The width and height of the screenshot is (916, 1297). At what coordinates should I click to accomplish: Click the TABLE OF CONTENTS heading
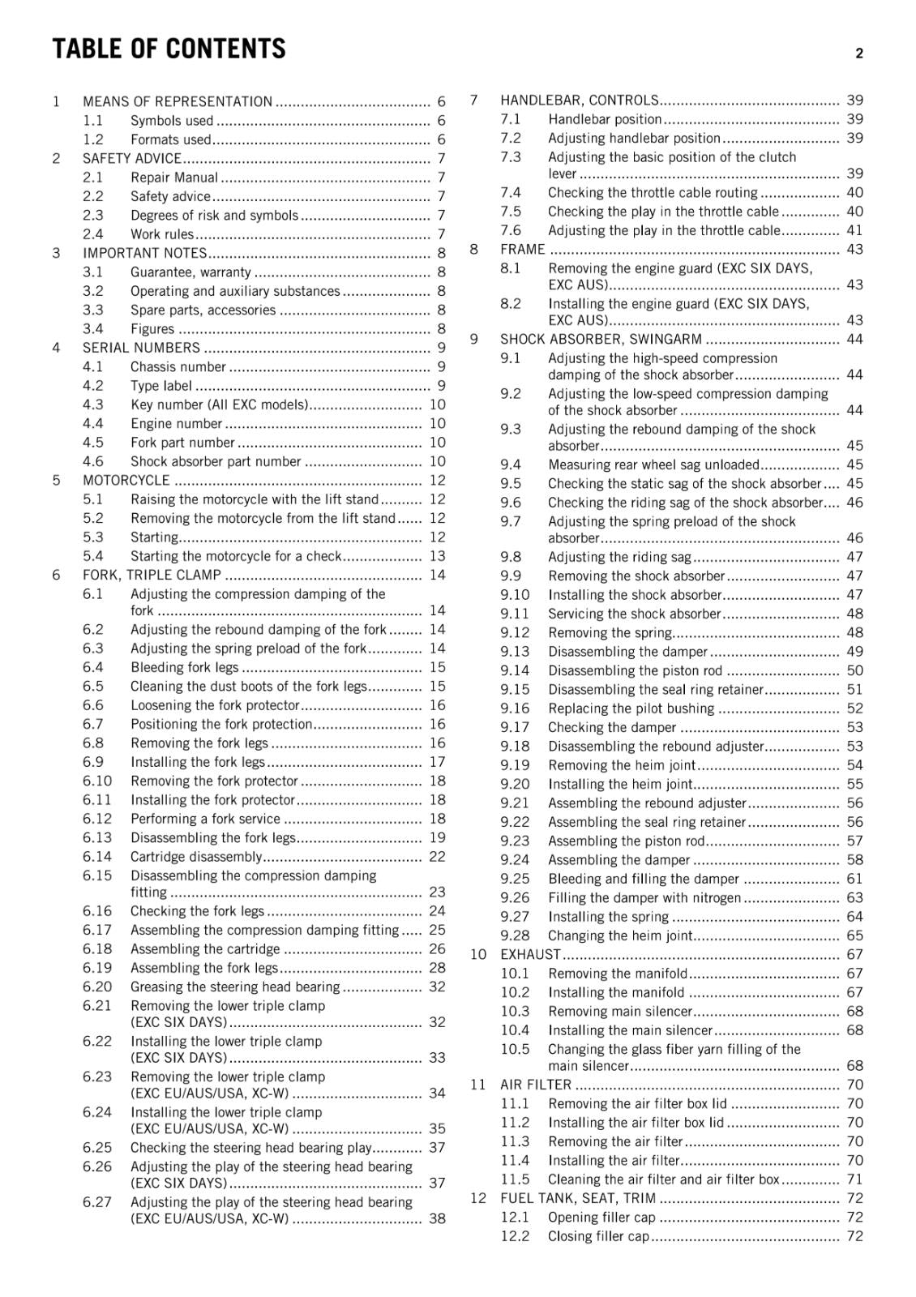point(169,49)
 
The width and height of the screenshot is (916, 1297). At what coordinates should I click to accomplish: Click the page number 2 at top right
point(859,54)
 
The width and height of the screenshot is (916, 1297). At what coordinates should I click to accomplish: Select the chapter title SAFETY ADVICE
point(131,158)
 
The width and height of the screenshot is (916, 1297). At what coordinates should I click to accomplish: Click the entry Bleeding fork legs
point(185,667)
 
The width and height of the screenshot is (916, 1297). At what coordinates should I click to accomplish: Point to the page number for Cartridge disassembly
point(437,857)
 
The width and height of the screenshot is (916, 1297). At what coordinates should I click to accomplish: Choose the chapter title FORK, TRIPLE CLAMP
point(152,575)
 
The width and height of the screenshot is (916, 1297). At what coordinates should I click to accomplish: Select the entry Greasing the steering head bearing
point(235,987)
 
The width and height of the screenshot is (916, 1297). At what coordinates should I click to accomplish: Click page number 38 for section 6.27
point(437,1218)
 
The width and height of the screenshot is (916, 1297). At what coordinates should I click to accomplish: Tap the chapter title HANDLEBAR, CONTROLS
point(579,101)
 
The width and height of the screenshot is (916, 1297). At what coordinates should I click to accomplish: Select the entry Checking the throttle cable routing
point(653,192)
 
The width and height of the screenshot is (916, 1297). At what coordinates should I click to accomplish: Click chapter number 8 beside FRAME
point(474,249)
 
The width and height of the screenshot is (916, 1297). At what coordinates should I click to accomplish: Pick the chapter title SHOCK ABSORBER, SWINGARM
point(601,339)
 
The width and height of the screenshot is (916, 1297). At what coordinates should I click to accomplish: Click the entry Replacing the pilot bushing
point(631,708)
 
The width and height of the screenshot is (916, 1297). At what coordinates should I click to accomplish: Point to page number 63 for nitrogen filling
point(854,897)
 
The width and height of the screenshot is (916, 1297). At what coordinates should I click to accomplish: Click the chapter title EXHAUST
point(530,954)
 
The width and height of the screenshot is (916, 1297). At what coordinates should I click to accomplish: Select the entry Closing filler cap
point(598,1236)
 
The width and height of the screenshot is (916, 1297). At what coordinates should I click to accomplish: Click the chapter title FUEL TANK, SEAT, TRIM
point(578,1198)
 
